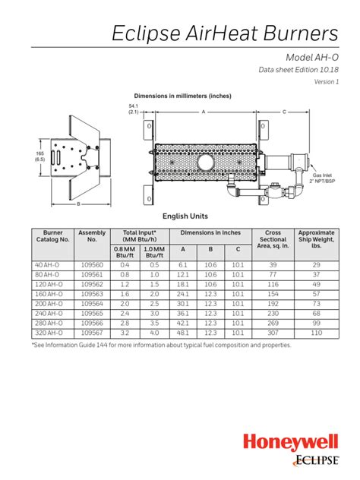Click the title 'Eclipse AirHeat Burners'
coord(225,33)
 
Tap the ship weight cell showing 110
coord(316,332)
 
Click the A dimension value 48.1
coord(182,332)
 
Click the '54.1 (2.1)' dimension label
coord(133,109)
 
